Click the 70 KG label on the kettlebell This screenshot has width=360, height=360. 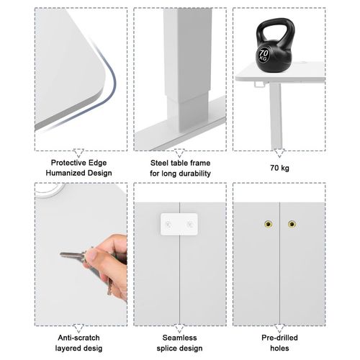264,55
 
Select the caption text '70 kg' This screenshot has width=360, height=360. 279,168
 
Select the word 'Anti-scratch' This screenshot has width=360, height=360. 78,338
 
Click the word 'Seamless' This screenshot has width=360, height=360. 179,338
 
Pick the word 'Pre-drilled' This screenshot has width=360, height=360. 279,338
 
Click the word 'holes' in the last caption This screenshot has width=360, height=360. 279,348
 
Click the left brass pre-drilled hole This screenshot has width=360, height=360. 268,224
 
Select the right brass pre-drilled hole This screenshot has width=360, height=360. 292,224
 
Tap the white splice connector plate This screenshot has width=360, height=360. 179,224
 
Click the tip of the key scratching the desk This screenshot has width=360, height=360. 60,254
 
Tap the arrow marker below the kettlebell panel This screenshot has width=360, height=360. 279,153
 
